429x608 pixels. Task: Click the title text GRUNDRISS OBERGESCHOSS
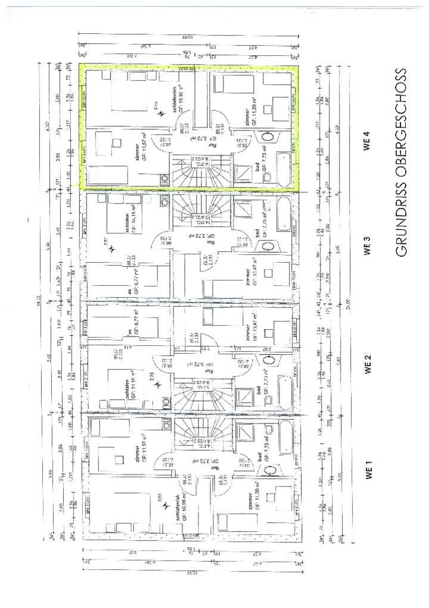[400, 162]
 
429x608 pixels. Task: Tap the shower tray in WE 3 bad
[244, 209]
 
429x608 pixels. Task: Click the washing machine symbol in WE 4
[164, 178]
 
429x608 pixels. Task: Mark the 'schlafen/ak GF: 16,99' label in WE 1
[176, 504]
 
